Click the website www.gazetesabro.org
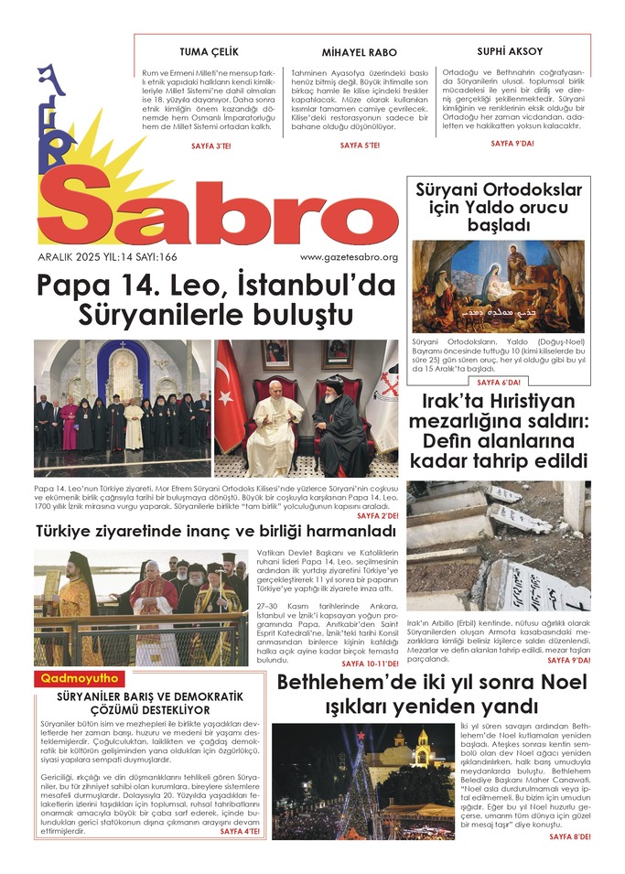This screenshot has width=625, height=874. pos(349,257)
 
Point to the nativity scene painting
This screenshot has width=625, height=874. pos(498,286)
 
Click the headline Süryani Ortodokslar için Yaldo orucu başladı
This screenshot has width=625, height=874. pos(499,207)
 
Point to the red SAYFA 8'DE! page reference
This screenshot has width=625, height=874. pos(567,836)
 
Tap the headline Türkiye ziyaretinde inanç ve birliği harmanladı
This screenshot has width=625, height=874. pos(203,531)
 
